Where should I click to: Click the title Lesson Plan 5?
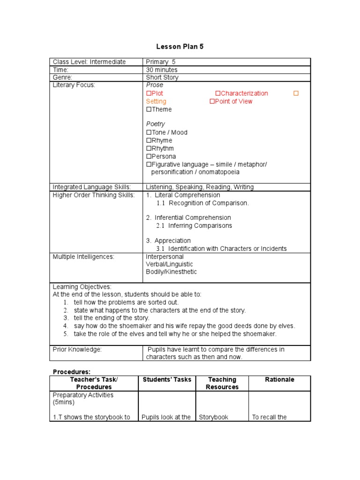point(180,47)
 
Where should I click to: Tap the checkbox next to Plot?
point(149,94)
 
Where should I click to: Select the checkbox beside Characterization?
point(218,94)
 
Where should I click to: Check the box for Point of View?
point(212,102)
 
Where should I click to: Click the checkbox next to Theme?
point(149,110)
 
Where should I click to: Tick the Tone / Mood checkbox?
point(149,133)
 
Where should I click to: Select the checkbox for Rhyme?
point(149,141)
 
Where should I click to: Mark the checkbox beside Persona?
point(149,157)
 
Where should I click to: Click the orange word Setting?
point(156,102)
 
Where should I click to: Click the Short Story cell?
point(162,77)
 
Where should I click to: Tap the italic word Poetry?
point(156,124)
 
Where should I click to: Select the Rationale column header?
point(279,380)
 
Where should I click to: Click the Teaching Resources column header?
point(222,383)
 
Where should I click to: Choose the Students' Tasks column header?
point(167,380)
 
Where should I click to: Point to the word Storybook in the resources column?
point(214,417)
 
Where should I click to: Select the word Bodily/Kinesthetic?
point(172,272)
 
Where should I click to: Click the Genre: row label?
point(62,77)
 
